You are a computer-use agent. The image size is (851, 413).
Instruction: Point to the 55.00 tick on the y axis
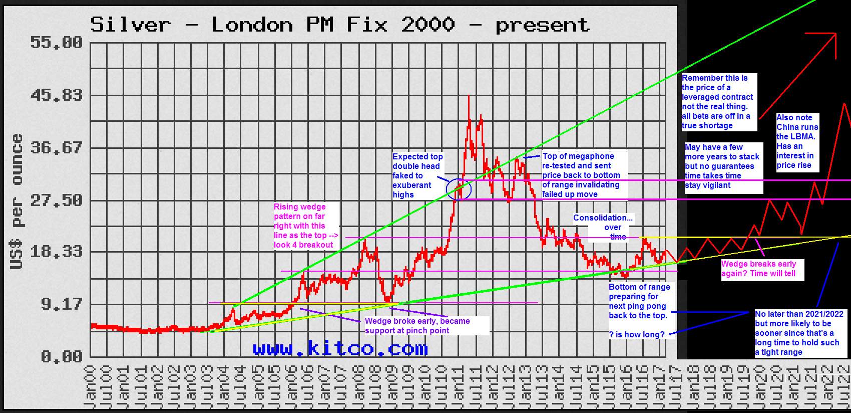56,43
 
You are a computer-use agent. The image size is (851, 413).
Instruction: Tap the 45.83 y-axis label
56,95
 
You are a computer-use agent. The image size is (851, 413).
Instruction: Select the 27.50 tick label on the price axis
56,200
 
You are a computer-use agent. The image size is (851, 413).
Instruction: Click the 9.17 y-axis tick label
61,304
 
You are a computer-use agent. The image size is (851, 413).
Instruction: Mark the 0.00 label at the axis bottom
61,357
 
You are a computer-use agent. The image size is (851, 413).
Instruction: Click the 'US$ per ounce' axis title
17,200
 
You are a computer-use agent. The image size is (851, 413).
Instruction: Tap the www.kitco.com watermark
340,348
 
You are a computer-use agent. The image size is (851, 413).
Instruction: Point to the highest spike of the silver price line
469,96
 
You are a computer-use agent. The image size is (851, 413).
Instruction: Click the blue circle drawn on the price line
459,189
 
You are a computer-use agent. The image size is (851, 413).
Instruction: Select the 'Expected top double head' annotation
417,175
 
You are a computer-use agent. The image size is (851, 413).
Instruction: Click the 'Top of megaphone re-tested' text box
584,175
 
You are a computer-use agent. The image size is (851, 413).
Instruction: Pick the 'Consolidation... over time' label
604,227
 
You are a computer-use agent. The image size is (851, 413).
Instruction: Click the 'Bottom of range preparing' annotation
639,301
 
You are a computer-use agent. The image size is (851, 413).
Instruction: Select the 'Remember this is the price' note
718,102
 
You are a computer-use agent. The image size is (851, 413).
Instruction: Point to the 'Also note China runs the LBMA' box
797,142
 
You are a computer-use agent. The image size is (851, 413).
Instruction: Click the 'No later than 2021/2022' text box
799,333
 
